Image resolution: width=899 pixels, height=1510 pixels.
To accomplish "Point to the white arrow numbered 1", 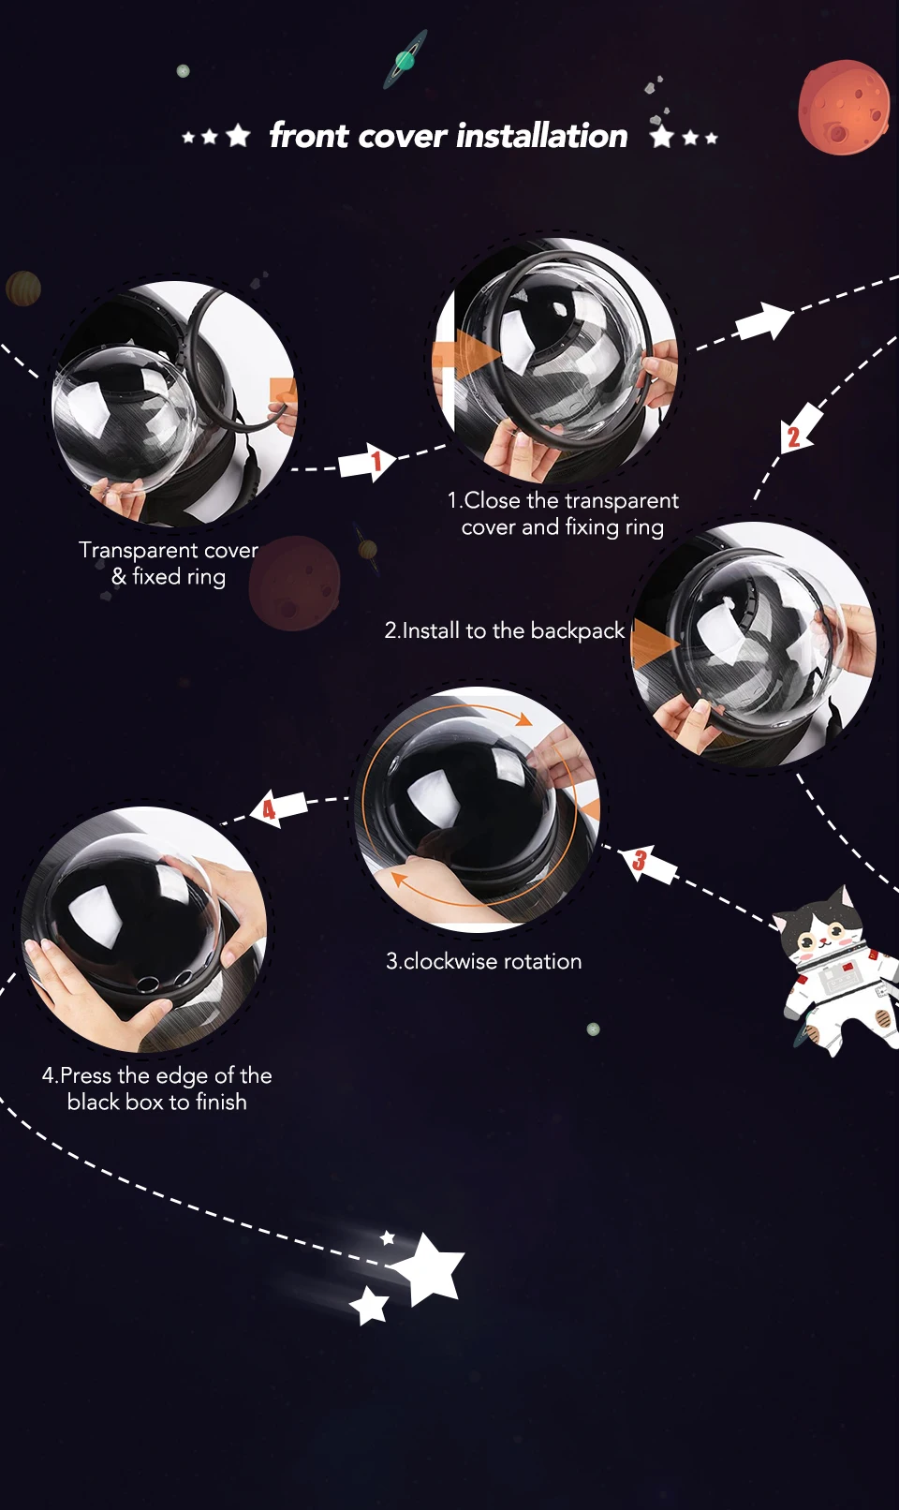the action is pos(368,462).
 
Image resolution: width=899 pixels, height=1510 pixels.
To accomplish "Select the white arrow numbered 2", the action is pos(799,430).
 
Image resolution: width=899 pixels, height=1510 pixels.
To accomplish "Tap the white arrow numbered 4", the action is pos(278,807).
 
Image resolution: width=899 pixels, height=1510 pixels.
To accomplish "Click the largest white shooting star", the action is pos(429,1267).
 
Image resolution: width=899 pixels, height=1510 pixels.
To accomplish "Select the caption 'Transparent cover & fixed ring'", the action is pos(169,563).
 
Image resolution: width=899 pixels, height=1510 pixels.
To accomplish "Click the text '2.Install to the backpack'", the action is pos(504,630).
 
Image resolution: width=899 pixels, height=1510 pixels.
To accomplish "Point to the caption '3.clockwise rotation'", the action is pos(483,961).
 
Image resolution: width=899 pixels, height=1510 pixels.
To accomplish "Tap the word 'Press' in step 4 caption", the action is pos(85,1075).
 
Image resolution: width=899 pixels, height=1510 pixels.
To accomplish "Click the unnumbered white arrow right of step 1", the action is pos(764,322).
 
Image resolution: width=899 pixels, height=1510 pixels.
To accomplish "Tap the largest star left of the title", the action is pos(239,136).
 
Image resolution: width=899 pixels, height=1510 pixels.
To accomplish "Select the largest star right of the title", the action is pos(662,136).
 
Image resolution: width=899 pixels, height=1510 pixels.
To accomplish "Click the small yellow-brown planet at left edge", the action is pos(22,289).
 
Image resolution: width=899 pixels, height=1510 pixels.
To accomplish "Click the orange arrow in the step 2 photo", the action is pos(655,646).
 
